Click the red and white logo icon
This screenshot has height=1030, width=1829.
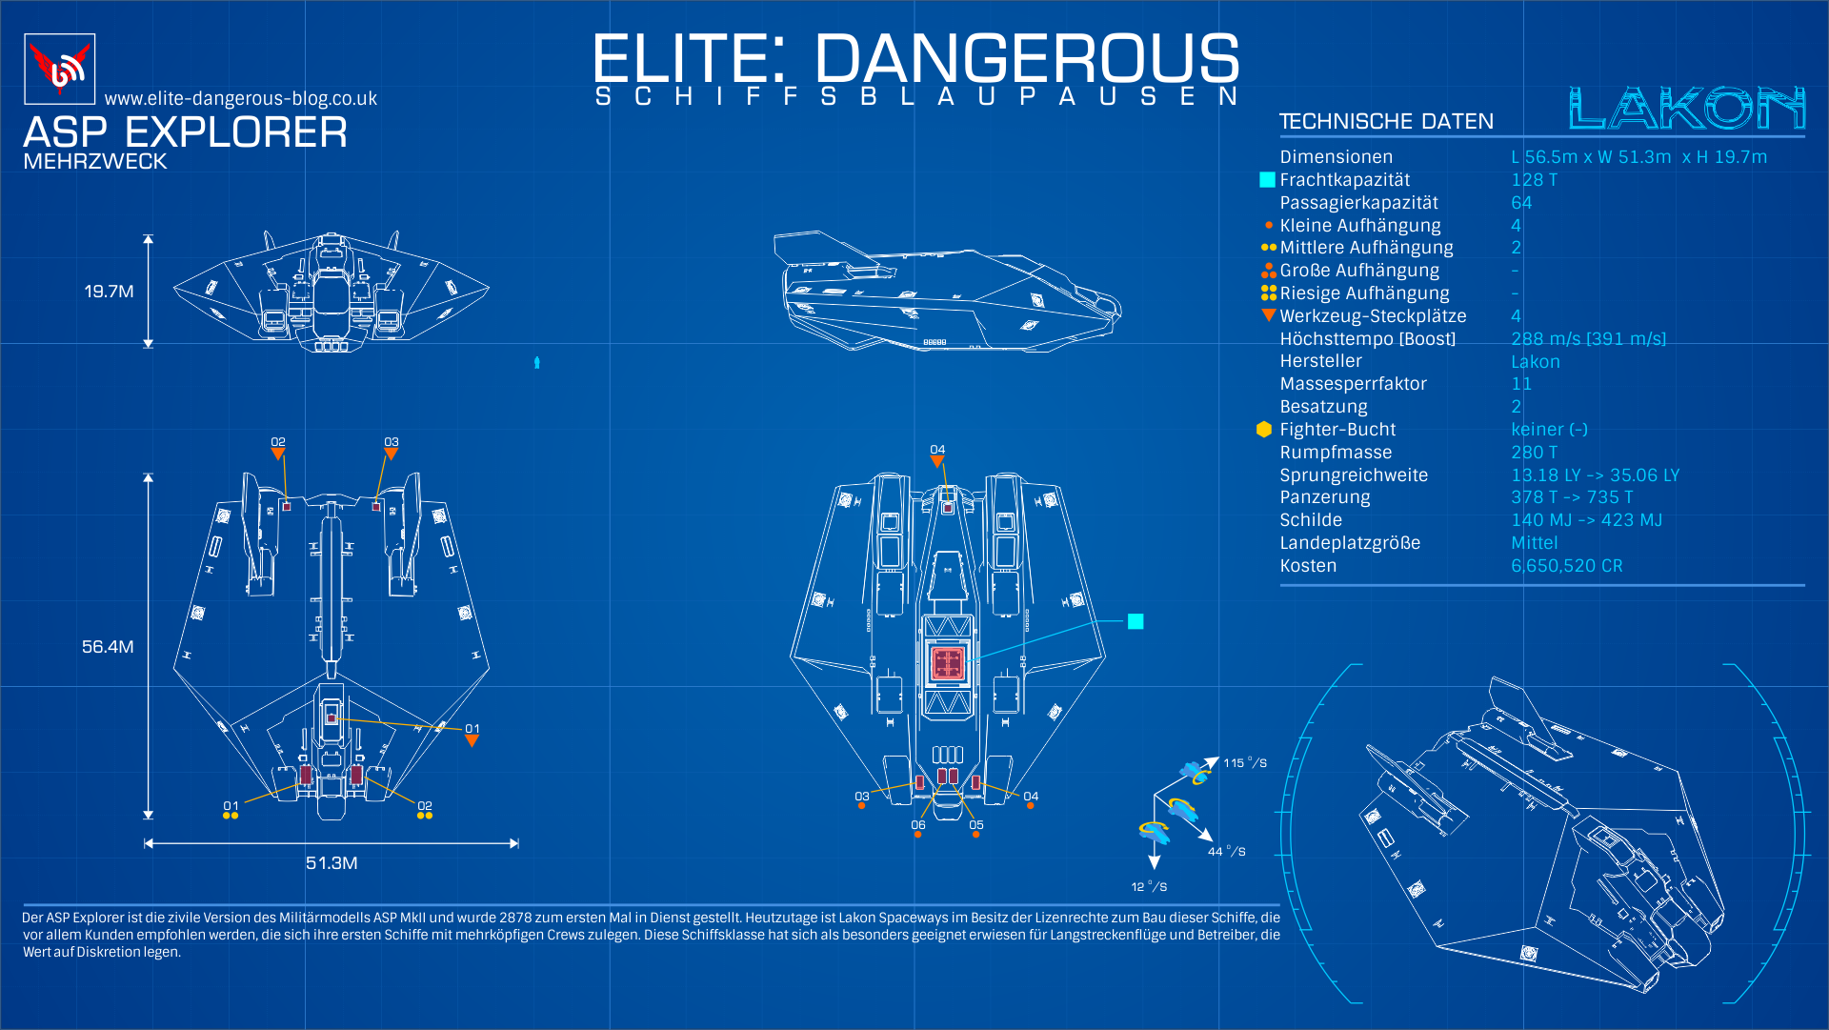coord(59,69)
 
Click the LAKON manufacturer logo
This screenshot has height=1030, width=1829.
coord(1686,108)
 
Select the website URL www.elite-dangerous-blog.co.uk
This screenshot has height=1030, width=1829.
coord(241,99)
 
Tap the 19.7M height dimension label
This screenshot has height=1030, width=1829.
coord(109,292)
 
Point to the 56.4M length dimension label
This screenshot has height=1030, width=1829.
coord(108,647)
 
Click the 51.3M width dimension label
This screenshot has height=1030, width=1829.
coord(332,863)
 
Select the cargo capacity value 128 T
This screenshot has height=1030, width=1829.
coord(1534,180)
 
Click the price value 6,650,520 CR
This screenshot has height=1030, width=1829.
coord(1566,566)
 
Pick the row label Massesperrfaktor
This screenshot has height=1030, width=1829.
coord(1353,384)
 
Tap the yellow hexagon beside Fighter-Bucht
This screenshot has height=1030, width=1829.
coord(1264,430)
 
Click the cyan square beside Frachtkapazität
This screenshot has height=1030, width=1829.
coord(1267,180)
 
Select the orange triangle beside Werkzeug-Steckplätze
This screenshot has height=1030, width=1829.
coord(1268,314)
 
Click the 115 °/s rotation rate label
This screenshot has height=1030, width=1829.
coord(1245,763)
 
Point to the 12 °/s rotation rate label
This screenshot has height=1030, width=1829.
coord(1149,887)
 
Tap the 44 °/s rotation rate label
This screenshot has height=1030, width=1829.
coord(1226,852)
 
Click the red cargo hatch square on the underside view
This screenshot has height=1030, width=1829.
coord(947,663)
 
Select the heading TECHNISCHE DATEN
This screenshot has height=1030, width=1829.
coord(1386,122)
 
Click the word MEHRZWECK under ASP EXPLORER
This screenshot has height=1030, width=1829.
coord(95,162)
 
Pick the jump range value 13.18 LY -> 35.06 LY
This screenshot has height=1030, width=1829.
coord(1596,475)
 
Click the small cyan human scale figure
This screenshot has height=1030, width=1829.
coord(537,362)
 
